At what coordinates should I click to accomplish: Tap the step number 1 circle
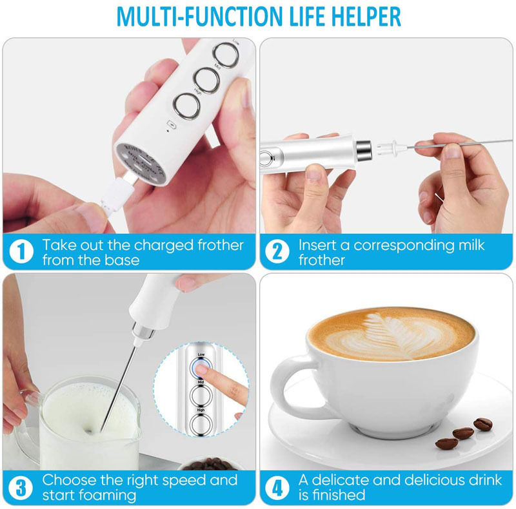(21, 251)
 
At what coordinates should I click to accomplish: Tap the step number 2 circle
(277, 251)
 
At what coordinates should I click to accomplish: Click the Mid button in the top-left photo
(206, 79)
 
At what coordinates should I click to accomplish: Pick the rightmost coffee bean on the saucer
(482, 423)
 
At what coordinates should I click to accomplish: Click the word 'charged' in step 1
(157, 245)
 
